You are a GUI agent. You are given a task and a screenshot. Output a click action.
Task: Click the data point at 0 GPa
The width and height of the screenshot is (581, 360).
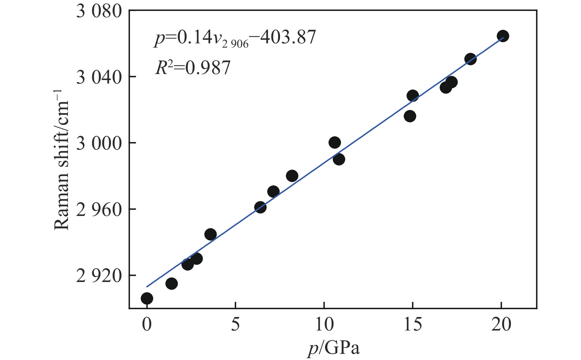[x=147, y=298]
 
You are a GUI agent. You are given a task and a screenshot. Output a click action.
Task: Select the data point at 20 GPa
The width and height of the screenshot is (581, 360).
[x=503, y=36]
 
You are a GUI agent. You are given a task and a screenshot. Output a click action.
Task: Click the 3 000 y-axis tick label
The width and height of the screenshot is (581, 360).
[x=99, y=143]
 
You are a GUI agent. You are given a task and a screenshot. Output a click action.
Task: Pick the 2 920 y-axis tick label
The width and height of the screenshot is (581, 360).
[x=99, y=276]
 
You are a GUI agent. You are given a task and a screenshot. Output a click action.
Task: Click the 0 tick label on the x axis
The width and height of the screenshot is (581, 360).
[x=147, y=324]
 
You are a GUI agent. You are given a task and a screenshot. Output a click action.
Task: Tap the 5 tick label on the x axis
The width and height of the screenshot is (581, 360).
[x=235, y=324]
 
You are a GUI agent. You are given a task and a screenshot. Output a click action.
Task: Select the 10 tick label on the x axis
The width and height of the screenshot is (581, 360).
[x=324, y=324]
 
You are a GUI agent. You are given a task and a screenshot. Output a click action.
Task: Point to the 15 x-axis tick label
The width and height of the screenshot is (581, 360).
[x=413, y=324]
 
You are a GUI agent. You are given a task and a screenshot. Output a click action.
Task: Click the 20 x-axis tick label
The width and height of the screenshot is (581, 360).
[x=501, y=324]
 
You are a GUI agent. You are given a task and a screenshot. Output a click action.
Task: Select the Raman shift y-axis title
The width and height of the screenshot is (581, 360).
[x=61, y=160]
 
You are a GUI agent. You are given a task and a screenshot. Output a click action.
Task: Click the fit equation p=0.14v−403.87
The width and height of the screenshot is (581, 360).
[x=235, y=38]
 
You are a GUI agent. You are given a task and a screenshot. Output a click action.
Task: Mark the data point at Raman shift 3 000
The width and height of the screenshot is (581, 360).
[x=334, y=143]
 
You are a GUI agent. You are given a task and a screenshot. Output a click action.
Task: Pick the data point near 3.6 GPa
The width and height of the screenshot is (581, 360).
[x=210, y=234]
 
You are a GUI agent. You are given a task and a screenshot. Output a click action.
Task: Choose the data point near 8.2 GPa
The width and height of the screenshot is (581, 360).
[x=292, y=176]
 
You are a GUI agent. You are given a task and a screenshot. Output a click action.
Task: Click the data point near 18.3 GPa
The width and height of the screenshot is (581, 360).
[x=470, y=59]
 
